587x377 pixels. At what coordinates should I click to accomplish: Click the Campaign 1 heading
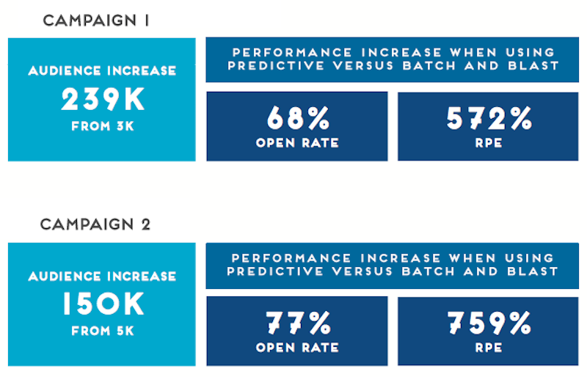click(96, 21)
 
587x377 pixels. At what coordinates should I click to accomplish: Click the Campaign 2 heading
click(96, 224)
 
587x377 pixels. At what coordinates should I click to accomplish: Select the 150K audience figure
click(102, 304)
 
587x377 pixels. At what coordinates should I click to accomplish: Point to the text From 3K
click(102, 126)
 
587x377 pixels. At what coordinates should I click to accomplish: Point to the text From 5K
click(102, 330)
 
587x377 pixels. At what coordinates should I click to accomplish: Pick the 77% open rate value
click(297, 322)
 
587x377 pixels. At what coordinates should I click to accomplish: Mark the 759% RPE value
click(488, 322)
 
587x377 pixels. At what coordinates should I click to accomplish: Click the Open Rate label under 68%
click(297, 143)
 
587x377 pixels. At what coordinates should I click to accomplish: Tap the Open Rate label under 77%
click(297, 347)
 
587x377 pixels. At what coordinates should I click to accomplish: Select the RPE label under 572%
click(488, 143)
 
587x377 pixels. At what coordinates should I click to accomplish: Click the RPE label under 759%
click(488, 347)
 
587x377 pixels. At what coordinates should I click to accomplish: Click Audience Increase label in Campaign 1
click(102, 71)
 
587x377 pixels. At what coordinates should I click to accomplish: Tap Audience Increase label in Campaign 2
click(102, 277)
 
